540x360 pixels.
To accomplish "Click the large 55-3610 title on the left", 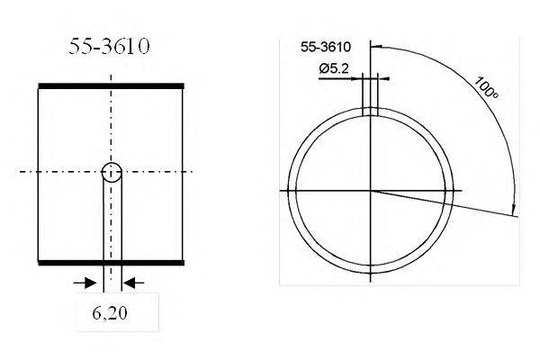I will (110, 47).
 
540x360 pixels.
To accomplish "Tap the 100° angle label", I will (486, 87).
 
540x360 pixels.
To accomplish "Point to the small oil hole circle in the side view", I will (112, 173).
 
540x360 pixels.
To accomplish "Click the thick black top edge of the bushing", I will (111, 85).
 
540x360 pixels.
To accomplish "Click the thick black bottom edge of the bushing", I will (111, 262).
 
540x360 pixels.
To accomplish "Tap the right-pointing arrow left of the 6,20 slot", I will (91, 283).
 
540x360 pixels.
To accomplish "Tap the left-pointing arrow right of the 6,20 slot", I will (131, 283).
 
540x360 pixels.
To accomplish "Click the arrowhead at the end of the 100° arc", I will (515, 211).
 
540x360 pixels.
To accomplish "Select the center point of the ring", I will (370, 191).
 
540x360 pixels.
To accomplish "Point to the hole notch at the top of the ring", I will (370, 112).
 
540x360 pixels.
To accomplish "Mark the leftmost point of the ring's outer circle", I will (289, 191).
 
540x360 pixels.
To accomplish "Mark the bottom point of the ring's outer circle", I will (370, 273).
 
